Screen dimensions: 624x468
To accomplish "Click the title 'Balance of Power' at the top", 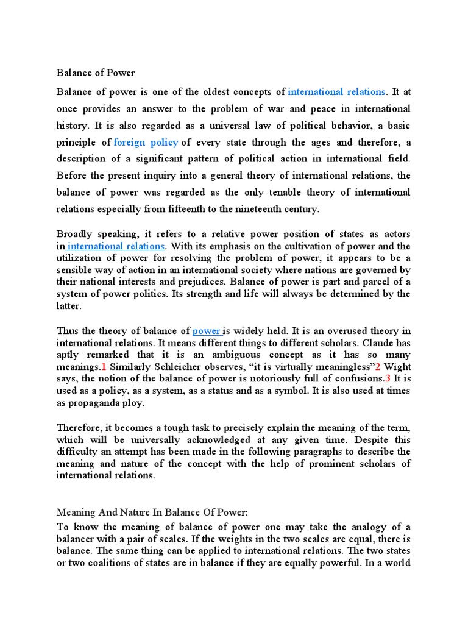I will [96, 73].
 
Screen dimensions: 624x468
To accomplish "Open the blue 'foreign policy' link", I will [146, 142].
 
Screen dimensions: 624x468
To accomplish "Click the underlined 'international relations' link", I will [116, 246].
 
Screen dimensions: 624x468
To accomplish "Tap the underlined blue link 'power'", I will [206, 331].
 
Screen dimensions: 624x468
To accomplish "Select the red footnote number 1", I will [104, 366].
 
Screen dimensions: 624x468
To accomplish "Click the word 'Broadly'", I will [74, 235].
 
